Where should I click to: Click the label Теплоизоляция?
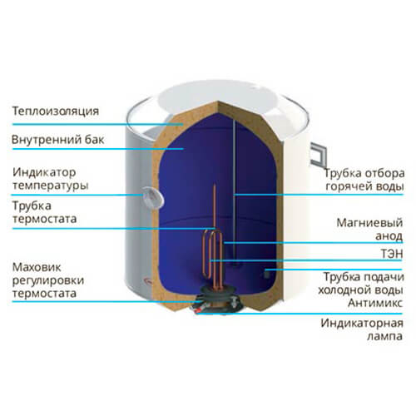pos(56,111)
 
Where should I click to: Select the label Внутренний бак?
pos(57,140)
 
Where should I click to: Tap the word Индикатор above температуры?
pos(44,172)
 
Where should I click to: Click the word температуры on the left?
pos(50,186)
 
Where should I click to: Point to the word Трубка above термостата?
pos(32,206)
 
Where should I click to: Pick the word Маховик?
pos(37,268)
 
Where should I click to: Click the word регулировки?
pos(48,281)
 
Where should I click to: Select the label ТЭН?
pos(391,254)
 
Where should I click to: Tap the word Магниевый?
pos(369,223)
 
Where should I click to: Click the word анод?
pos(389,236)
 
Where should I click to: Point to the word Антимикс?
pos(375,303)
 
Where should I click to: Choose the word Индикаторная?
pos(362,324)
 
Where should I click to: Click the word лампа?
pos(384,337)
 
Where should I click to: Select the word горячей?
pos(348,186)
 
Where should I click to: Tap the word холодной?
pos(342,290)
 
